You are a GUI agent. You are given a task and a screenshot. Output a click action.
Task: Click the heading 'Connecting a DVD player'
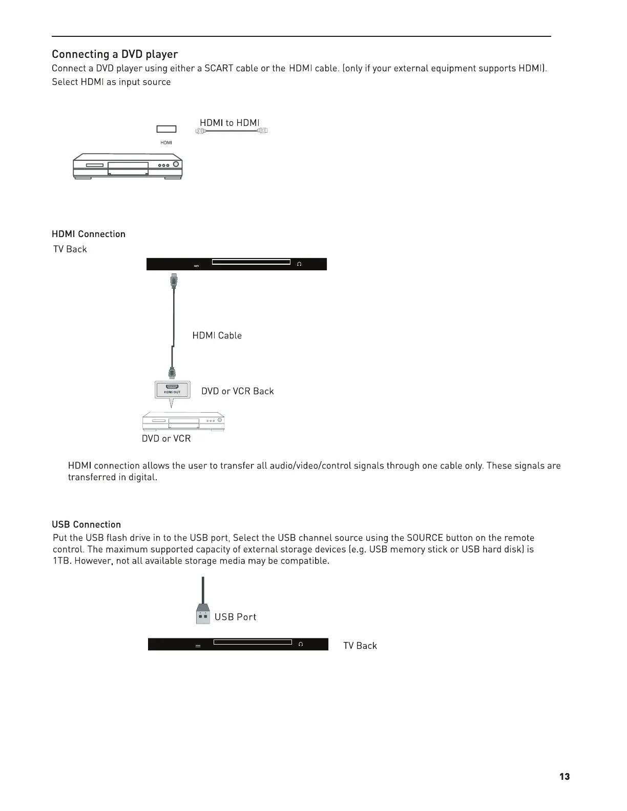pyautogui.click(x=115, y=54)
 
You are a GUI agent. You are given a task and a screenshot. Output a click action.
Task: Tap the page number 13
pyautogui.click(x=564, y=777)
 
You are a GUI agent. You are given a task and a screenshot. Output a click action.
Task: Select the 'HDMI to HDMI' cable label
pyautogui.click(x=229, y=123)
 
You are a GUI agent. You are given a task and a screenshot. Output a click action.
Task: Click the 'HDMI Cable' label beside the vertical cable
pyautogui.click(x=217, y=335)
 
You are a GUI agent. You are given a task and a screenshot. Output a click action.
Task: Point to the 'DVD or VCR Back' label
pyautogui.click(x=237, y=391)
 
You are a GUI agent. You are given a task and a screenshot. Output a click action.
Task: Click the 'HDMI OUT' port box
pyautogui.click(x=172, y=390)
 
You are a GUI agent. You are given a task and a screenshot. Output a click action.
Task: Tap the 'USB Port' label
pyautogui.click(x=235, y=617)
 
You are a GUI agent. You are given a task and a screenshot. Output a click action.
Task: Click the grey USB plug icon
pyautogui.click(x=203, y=614)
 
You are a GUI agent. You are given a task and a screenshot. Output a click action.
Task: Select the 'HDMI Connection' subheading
pyautogui.click(x=89, y=234)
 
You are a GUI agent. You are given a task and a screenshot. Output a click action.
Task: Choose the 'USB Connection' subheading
pyautogui.click(x=87, y=524)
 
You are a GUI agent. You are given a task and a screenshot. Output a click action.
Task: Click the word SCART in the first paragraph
pyautogui.click(x=219, y=69)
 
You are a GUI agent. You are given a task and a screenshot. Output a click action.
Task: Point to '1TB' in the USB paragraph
pyautogui.click(x=60, y=561)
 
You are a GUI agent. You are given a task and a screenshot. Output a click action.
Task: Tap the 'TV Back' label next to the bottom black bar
pyautogui.click(x=360, y=646)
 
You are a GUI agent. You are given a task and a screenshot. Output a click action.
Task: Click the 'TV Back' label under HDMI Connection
pyautogui.click(x=70, y=249)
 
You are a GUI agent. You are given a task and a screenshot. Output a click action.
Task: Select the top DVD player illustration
pyautogui.click(x=128, y=166)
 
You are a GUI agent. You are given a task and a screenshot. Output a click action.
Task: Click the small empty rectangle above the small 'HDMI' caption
pyautogui.click(x=166, y=129)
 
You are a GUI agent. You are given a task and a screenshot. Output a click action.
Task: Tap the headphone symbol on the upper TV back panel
pyautogui.click(x=299, y=264)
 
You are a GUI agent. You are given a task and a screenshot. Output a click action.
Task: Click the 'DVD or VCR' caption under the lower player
pyautogui.click(x=166, y=439)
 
